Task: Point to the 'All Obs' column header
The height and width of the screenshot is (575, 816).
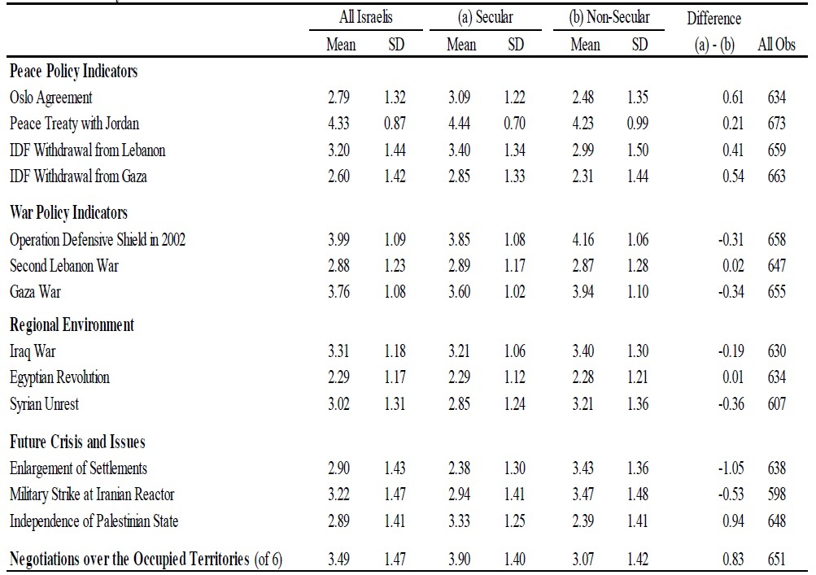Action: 775,45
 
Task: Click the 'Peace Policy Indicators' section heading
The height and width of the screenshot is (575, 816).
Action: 73,72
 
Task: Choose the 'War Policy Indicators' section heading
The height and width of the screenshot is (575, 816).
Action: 68,213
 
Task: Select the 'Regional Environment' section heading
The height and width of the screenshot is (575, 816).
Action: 72,325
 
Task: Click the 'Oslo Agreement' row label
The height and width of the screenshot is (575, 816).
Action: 51,98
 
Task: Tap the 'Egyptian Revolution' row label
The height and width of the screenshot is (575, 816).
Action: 59,378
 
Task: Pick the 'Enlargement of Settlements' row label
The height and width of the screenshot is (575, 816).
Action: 78,468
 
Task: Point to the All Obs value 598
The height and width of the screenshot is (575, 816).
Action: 776,494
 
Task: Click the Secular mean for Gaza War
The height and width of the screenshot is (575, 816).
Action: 461,292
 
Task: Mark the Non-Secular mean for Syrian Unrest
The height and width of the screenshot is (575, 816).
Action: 585,404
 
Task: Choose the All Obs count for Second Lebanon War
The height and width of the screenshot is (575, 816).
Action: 776,266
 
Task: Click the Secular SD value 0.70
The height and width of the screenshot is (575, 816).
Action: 516,124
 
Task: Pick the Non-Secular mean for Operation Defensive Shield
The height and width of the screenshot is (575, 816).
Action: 585,240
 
